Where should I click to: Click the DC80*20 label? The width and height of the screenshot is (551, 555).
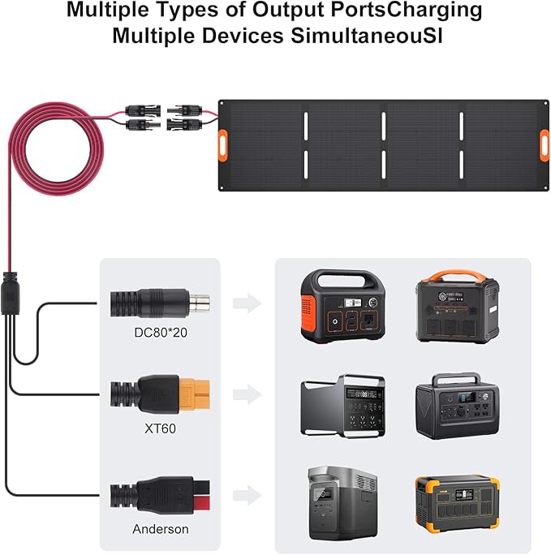coord(161,333)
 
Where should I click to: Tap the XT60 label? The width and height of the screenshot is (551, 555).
coord(161,428)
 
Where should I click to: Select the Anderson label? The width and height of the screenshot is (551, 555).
coord(161,529)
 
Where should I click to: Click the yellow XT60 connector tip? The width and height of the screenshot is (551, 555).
coord(195,394)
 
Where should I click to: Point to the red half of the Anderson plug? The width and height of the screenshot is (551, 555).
coord(202,502)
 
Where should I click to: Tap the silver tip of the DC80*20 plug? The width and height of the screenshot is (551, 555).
coord(200,303)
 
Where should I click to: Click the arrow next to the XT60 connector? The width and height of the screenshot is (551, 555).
coord(247,394)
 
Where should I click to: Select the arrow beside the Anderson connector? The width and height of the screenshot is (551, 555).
coord(247,495)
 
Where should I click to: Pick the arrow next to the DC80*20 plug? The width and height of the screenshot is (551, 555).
coord(247,303)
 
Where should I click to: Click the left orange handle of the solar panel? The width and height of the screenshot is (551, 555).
coord(222,145)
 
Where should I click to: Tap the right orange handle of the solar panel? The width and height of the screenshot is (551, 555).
coord(545,145)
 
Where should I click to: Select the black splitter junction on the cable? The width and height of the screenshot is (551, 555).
coord(10,293)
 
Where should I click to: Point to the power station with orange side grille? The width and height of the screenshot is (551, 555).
coord(343,306)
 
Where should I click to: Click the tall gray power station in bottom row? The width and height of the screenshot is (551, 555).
coord(342,503)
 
